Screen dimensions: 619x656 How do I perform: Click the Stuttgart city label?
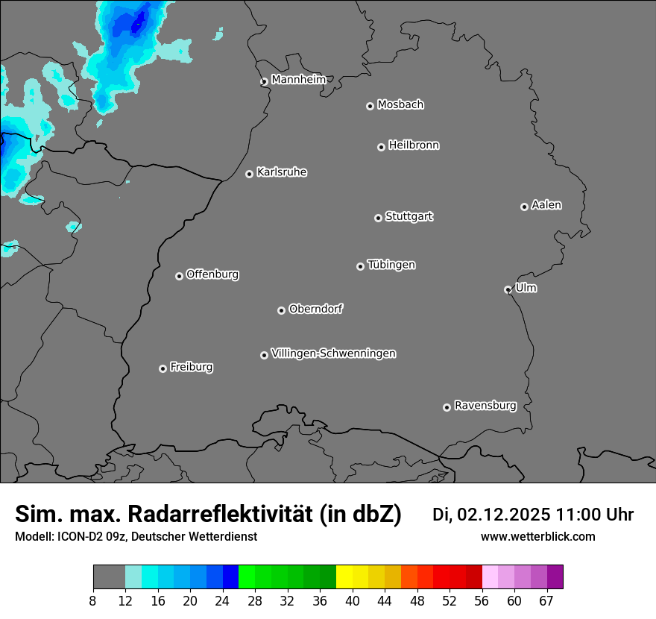[x=409, y=216]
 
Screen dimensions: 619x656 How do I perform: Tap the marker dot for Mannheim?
[x=264, y=82]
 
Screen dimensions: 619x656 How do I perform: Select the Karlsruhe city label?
[x=282, y=172]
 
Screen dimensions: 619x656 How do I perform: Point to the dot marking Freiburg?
[x=163, y=368]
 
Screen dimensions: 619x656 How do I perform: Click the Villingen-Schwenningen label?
[x=333, y=354]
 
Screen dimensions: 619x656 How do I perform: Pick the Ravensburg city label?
[x=485, y=406]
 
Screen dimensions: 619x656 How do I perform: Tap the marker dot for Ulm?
[x=508, y=289]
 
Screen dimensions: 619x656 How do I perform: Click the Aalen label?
[x=546, y=205]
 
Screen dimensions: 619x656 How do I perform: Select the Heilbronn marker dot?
[x=381, y=147]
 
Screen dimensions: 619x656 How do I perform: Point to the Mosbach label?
[x=400, y=104]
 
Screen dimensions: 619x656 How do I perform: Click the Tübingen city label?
[x=391, y=265]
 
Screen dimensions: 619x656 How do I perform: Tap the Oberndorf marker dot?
[x=281, y=310]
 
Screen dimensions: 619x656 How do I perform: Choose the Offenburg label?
[x=212, y=274]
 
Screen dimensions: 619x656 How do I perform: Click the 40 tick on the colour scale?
[x=353, y=601]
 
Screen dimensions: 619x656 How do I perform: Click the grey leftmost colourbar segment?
[x=109, y=577]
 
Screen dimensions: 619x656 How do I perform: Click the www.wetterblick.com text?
[x=537, y=537]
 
